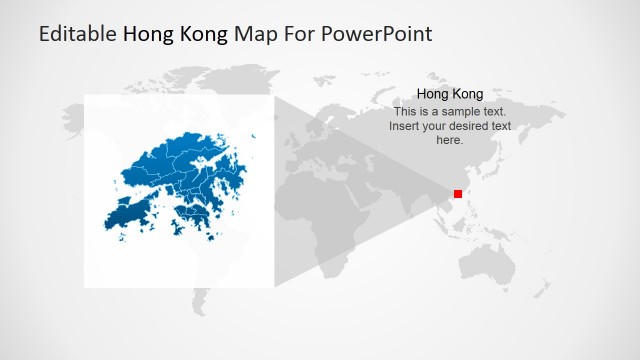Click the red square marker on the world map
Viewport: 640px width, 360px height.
tap(458, 194)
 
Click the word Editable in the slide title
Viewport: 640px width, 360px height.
tap(77, 34)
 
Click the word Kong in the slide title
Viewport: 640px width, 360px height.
tap(203, 34)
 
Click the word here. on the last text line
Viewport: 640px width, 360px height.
tap(449, 140)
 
